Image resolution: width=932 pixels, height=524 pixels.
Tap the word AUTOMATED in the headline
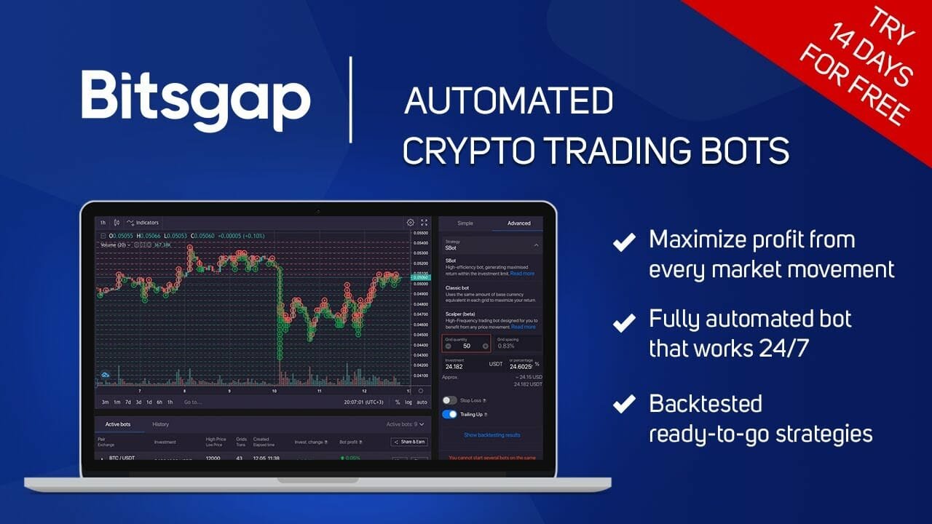pyautogui.click(x=508, y=102)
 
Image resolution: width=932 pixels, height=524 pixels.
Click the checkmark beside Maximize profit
pyautogui.click(x=623, y=242)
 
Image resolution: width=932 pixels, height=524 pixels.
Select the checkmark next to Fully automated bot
pyautogui.click(x=623, y=322)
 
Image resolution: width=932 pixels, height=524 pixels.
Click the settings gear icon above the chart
pyautogui.click(x=410, y=223)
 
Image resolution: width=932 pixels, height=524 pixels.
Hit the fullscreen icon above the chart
pyautogui.click(x=424, y=223)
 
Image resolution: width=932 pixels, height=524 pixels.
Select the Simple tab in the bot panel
pyautogui.click(x=465, y=223)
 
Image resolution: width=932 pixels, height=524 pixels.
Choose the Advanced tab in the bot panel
pyautogui.click(x=518, y=223)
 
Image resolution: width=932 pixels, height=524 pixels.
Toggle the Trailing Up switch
pyautogui.click(x=449, y=414)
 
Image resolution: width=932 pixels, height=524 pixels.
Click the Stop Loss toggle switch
pyautogui.click(x=449, y=400)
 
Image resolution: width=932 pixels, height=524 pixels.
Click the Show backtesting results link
pyautogui.click(x=492, y=435)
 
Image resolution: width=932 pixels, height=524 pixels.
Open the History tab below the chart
pyautogui.click(x=160, y=424)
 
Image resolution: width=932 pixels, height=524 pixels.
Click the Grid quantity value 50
pyautogui.click(x=466, y=346)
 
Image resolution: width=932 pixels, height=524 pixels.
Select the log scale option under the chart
pyautogui.click(x=408, y=402)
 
